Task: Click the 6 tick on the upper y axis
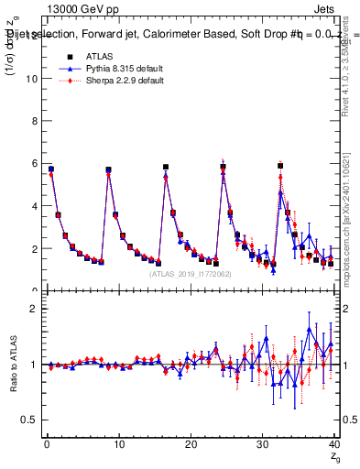pyautogui.click(x=32, y=163)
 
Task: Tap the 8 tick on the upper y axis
pyautogui.click(x=32, y=121)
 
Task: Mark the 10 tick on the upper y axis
pyautogui.click(x=29, y=78)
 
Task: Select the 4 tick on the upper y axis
pyautogui.click(x=32, y=206)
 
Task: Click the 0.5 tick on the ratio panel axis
pyautogui.click(x=28, y=420)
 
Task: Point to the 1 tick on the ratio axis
pyautogui.click(x=32, y=365)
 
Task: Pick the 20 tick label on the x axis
pyautogui.click(x=191, y=444)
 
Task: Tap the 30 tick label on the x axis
pyautogui.click(x=263, y=444)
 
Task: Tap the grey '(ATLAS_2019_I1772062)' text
pyautogui.click(x=190, y=274)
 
